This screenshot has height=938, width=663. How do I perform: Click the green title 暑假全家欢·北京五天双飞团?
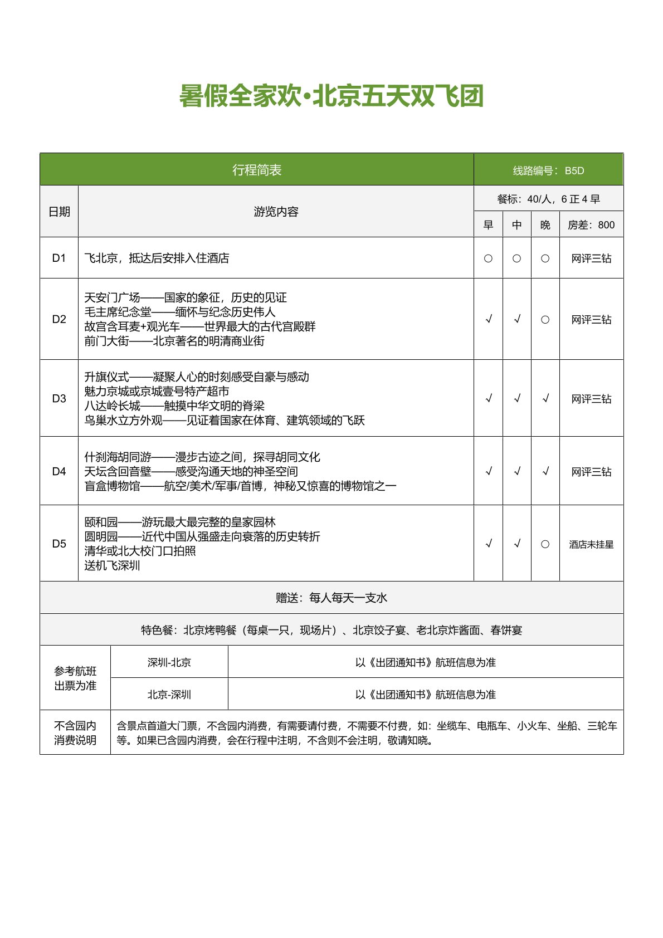[331, 96]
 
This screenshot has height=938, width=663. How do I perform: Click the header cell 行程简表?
[257, 170]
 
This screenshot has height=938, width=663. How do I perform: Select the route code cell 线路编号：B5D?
[548, 170]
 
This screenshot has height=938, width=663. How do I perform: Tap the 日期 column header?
[59, 212]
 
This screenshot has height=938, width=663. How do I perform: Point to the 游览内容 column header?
[276, 212]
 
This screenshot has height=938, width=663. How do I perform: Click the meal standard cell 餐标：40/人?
[548, 199]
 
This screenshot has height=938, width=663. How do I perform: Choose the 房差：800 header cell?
[591, 225]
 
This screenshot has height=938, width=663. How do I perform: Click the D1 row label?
[59, 258]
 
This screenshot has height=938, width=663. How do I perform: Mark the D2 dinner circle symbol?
[545, 320]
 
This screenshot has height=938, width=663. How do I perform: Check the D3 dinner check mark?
[545, 398]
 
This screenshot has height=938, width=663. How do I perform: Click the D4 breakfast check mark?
[489, 471]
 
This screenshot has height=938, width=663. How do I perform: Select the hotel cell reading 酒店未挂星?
[591, 544]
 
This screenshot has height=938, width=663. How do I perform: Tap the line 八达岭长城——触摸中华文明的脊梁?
[174, 406]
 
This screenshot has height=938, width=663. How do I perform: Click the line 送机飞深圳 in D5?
[112, 565]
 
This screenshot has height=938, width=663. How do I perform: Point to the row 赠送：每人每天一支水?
[331, 598]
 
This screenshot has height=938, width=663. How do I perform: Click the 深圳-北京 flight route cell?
[169, 662]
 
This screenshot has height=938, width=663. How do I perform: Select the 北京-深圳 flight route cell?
[169, 695]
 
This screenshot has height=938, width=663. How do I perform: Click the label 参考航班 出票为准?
[75, 678]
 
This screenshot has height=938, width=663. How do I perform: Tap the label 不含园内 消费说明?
[75, 732]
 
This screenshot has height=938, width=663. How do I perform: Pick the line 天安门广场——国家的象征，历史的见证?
[186, 297]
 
